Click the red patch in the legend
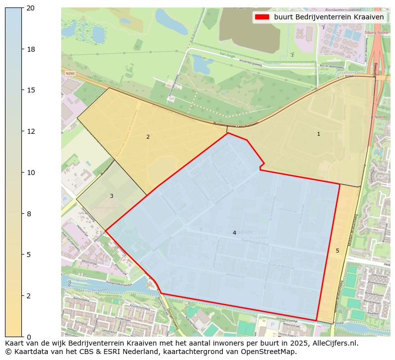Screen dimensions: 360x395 [x=262, y=17]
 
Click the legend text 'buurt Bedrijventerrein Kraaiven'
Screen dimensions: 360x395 [x=329, y=17]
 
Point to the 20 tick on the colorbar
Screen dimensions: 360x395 [x=23, y=8]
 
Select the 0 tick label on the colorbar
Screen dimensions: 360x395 [x=29, y=337]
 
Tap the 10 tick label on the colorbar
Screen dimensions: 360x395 [x=31, y=173]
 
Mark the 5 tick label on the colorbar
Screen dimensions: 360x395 [x=29, y=255]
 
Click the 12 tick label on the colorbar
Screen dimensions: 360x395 [x=31, y=131]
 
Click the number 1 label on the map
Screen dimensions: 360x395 [x=318, y=134]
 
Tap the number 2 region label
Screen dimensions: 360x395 [x=148, y=137]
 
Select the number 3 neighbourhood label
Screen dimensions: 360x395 [x=111, y=196]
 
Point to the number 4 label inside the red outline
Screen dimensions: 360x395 [x=234, y=233]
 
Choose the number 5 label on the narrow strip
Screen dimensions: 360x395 [x=337, y=251]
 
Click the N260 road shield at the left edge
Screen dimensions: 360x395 [x=70, y=73]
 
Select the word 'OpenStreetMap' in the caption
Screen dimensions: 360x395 [x=271, y=352]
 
